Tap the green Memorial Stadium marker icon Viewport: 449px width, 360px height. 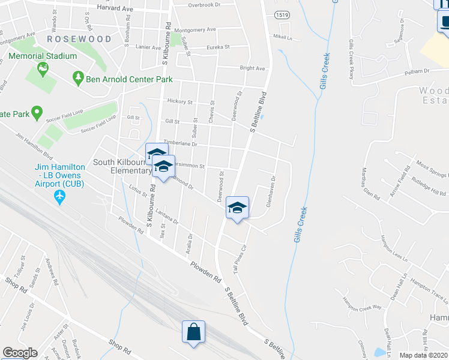pyautogui.click(x=43, y=70)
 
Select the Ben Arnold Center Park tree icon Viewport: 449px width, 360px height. pyautogui.click(x=77, y=78)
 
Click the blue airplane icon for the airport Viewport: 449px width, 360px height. pyautogui.click(x=59, y=196)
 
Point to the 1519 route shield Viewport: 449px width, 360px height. pyautogui.click(x=280, y=14)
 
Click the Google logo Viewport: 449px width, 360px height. pyautogui.click(x=20, y=353)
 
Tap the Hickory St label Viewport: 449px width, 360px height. pyautogui.click(x=179, y=102)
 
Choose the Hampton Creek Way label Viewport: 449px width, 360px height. pyautogui.click(x=361, y=303)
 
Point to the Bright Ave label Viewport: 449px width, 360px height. pyautogui.click(x=252, y=68)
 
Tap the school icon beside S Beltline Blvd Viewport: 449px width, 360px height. pyautogui.click(x=237, y=208)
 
